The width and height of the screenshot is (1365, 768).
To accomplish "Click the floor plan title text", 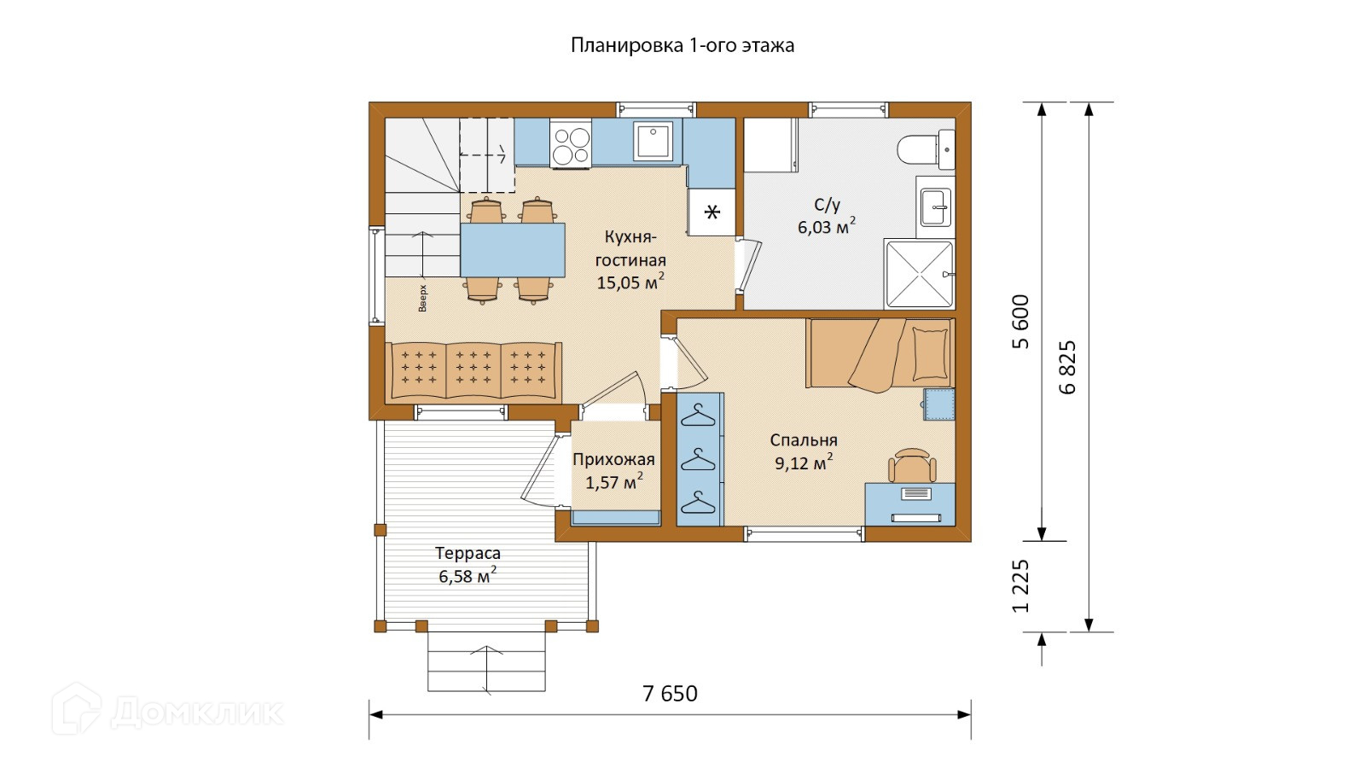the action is point(682,46).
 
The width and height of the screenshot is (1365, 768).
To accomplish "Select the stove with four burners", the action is point(571,144).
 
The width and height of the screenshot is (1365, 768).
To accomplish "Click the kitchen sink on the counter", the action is point(653,141).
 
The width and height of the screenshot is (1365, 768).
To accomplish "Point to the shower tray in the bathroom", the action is point(919,274).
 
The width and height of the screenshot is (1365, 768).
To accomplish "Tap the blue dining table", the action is point(513,250).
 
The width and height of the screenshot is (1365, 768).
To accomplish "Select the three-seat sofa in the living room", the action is point(473,371).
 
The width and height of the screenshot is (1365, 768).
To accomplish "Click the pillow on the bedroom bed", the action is point(931,353).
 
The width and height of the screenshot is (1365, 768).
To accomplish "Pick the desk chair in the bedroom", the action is point(912,466).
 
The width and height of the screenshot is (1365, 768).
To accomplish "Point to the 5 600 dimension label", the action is point(1020,321).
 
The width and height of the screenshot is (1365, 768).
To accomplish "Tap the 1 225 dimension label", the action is point(1020,585).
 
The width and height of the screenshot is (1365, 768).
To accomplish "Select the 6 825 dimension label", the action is point(1067,367).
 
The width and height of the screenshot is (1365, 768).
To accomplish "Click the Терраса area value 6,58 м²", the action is point(468,575).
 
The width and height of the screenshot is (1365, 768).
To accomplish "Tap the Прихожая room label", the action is point(613,460).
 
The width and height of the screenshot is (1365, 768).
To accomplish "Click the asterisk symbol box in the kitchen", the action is point(712,212).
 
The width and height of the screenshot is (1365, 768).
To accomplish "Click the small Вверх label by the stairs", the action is point(422,298).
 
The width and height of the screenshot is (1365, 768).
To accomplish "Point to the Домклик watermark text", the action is point(196,712).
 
